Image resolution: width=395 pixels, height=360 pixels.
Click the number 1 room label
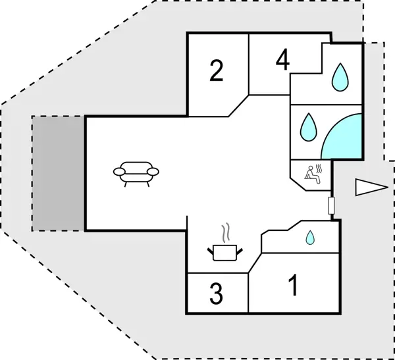294,286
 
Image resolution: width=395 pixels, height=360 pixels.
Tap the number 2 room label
217,70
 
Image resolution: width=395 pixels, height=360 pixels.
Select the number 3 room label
216,294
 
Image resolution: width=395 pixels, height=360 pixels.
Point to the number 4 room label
282,60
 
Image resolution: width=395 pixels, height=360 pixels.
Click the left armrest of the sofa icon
120,172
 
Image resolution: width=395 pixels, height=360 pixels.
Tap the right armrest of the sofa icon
153,172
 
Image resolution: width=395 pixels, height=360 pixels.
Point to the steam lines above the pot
226,233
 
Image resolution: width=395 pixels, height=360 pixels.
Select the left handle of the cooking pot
211,249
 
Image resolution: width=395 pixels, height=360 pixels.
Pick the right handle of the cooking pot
240,249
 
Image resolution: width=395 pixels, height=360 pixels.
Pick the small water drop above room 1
309,238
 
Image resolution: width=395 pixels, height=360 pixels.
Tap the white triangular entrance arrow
368,188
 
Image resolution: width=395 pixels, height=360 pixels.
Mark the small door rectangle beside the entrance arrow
331,205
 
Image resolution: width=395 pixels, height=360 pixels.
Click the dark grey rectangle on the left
58,173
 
